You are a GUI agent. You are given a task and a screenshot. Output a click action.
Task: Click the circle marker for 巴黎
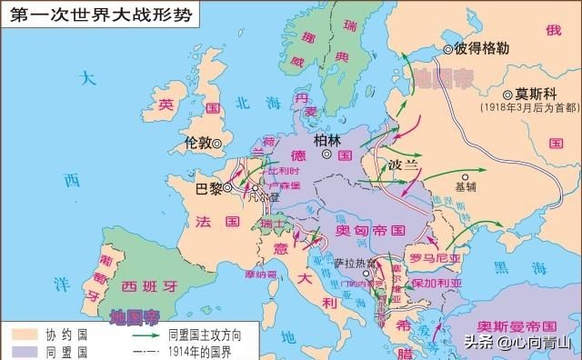(x=228, y=189)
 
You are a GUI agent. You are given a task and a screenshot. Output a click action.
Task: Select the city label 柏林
(x=325, y=139)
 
